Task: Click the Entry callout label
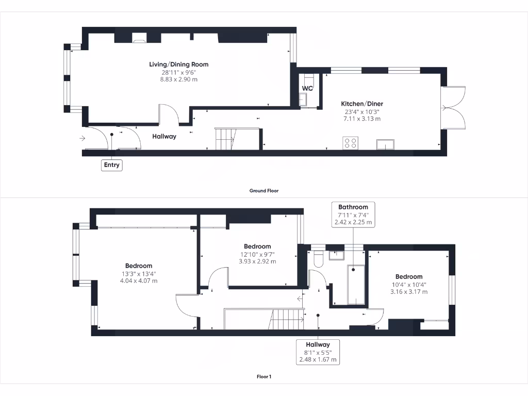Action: point(112,165)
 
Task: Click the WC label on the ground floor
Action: point(308,88)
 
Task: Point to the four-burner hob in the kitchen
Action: point(351,143)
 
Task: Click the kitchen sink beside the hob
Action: point(385,144)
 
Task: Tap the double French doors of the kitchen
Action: point(455,107)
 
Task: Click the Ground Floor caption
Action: point(264,190)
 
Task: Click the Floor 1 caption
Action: point(264,376)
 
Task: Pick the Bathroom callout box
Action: point(353,215)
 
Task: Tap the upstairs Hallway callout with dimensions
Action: point(318,352)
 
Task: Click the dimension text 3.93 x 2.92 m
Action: point(257,261)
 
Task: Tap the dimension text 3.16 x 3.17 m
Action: point(409,292)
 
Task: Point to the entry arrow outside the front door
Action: point(82,138)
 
